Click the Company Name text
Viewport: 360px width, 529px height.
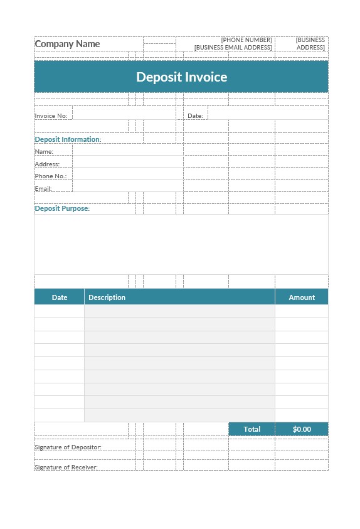click(x=67, y=44)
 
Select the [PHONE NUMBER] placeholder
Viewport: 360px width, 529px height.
click(x=246, y=40)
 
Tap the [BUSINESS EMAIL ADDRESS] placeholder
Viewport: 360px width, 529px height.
click(x=233, y=48)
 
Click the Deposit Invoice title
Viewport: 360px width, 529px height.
click(x=181, y=77)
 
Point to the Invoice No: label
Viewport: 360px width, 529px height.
click(x=51, y=116)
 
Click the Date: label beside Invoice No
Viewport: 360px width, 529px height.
click(x=195, y=116)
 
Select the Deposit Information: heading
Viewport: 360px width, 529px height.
click(x=68, y=139)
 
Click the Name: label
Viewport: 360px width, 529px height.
click(x=44, y=152)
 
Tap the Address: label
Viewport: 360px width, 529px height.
click(x=47, y=164)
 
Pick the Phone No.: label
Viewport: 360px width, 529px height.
click(x=50, y=176)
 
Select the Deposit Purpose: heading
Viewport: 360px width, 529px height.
click(x=62, y=208)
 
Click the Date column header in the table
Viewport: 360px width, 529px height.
click(x=60, y=297)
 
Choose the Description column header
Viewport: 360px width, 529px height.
click(x=107, y=297)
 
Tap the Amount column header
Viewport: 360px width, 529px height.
click(x=302, y=297)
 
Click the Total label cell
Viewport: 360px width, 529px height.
click(x=251, y=429)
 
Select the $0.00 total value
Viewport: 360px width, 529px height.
click(x=302, y=429)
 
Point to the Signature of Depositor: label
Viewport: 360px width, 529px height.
click(x=68, y=447)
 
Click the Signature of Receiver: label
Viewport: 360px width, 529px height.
click(x=66, y=468)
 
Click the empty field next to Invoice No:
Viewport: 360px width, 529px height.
click(x=124, y=114)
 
